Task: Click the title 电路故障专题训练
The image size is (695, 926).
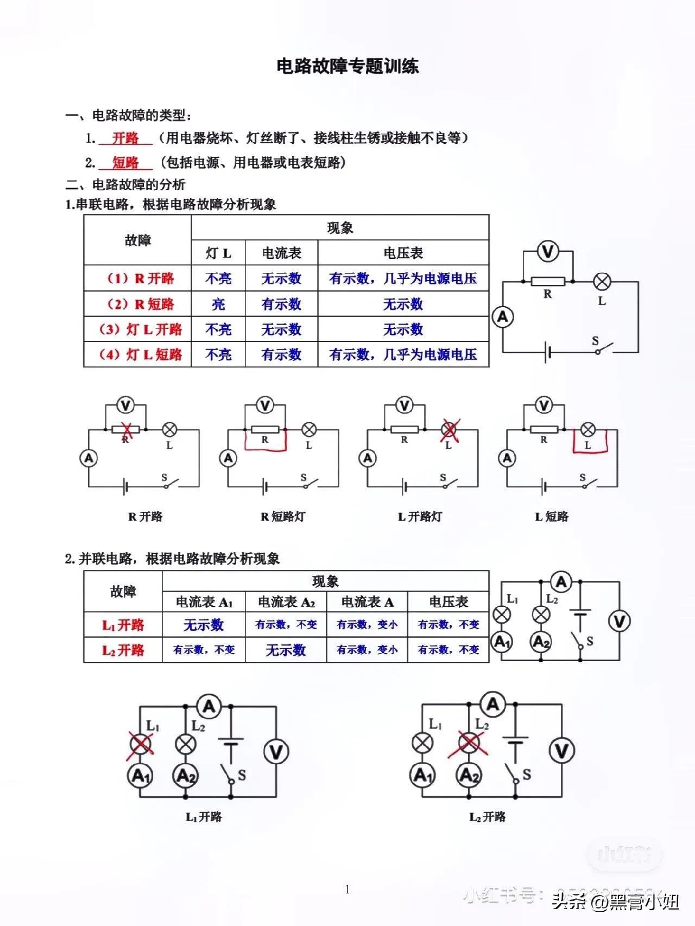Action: click(x=347, y=66)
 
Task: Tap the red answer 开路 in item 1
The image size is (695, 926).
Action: click(x=125, y=138)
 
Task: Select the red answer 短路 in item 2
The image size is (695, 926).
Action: click(x=125, y=162)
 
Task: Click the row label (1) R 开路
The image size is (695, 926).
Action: click(x=137, y=278)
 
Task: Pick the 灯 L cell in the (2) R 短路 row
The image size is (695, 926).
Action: click(x=218, y=304)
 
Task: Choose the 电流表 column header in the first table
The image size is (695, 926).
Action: click(x=281, y=253)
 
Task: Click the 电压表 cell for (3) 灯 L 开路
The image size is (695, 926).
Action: click(x=403, y=329)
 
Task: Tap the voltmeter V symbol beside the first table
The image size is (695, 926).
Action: click(x=548, y=251)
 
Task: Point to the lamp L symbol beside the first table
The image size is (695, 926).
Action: click(x=602, y=282)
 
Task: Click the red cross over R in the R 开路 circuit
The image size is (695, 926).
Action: click(x=127, y=429)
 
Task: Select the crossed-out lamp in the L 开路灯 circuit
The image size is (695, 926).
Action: click(x=449, y=430)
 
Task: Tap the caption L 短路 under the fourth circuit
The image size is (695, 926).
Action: click(x=552, y=517)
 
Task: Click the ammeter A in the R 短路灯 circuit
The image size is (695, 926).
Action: click(x=229, y=459)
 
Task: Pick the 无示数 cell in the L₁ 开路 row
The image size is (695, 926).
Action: click(x=204, y=625)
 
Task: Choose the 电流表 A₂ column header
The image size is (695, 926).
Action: click(x=286, y=602)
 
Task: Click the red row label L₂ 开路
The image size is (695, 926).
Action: click(x=123, y=650)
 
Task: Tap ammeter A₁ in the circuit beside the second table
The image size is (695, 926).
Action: click(x=502, y=642)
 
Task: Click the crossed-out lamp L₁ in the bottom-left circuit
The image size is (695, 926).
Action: click(x=141, y=743)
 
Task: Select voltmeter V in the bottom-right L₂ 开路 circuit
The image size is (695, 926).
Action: click(x=561, y=751)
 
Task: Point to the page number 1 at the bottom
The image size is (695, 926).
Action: click(x=347, y=889)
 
